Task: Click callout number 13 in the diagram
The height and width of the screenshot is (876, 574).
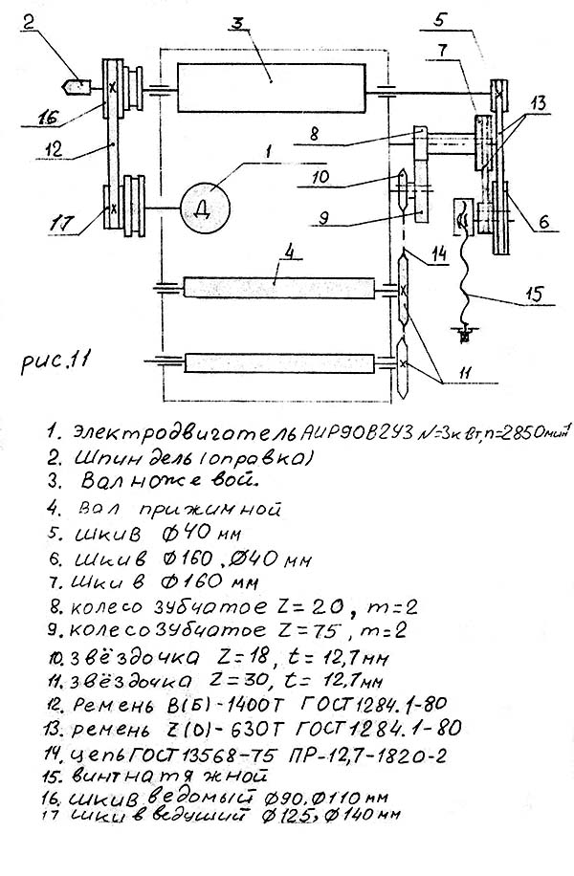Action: point(538,101)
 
